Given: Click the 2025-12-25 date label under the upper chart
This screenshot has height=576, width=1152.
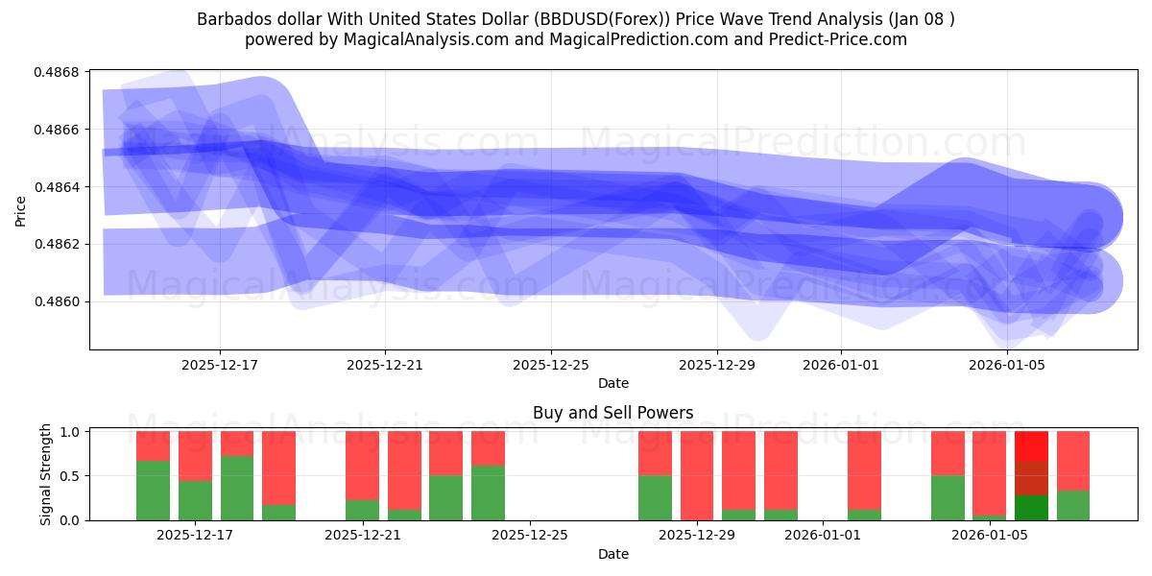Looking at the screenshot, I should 551,365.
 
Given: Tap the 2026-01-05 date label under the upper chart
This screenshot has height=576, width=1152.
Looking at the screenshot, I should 1006,365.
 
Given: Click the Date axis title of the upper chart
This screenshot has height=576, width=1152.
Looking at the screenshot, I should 613,383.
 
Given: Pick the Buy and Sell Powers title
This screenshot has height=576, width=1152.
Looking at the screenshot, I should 613,414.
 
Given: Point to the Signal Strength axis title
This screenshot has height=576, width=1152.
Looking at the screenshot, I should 46,475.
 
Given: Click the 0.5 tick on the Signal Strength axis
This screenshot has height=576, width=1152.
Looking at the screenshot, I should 70,476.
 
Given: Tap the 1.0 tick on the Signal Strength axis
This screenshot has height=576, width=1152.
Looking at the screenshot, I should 70,432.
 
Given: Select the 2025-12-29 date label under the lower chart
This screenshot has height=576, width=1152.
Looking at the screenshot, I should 696,535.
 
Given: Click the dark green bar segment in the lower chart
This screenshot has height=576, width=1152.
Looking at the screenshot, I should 1031,508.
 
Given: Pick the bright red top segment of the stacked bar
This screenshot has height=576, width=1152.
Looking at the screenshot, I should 1031,445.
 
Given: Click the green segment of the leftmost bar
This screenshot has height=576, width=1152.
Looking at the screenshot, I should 153,491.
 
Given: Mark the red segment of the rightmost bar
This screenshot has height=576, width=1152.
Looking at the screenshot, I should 1072,461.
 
